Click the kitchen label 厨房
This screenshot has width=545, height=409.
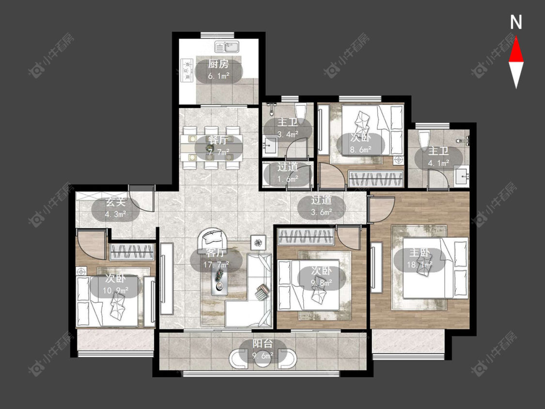tap(218, 64)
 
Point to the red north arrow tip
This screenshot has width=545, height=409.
tap(516, 37)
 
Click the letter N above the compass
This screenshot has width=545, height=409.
tap(516, 22)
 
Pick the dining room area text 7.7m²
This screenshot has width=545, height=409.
tap(218, 152)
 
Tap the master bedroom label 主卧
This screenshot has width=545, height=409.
tap(420, 253)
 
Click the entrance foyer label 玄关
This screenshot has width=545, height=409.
tap(115, 202)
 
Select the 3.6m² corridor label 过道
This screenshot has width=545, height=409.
tap(321, 200)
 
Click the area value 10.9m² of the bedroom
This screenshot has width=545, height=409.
tap(116, 290)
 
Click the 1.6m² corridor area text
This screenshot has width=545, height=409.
tap(288, 179)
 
